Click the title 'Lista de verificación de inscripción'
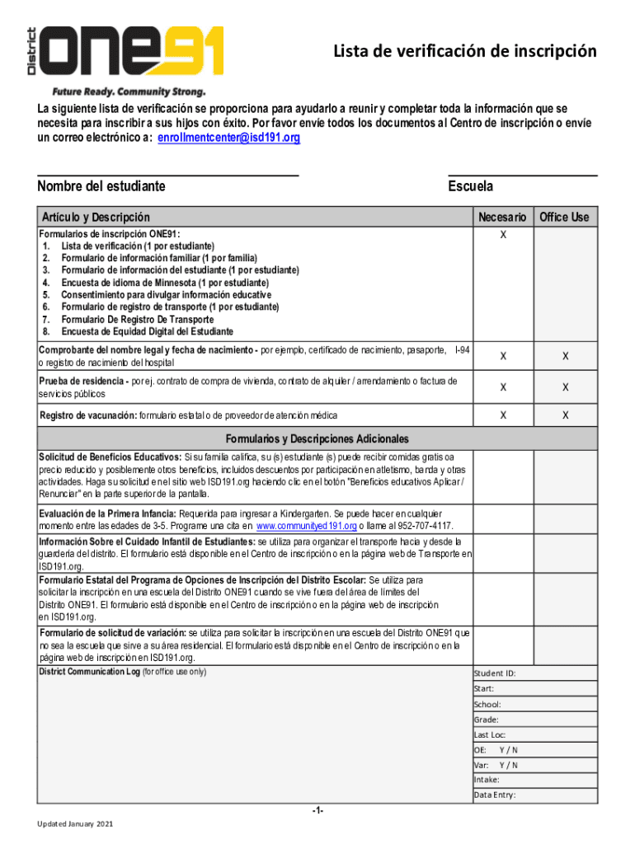[x=464, y=52]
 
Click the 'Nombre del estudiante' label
[x=101, y=186]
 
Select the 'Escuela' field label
[x=470, y=186]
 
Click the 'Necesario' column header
[x=502, y=217]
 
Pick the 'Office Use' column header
[x=564, y=217]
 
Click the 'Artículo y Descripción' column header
[x=96, y=218]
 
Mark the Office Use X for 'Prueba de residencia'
[x=566, y=387]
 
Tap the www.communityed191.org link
[x=306, y=526]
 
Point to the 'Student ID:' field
[x=495, y=673]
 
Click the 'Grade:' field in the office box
[x=486, y=719]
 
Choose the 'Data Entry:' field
[x=495, y=795]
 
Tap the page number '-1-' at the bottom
[x=317, y=811]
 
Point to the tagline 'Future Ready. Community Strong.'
[x=129, y=91]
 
